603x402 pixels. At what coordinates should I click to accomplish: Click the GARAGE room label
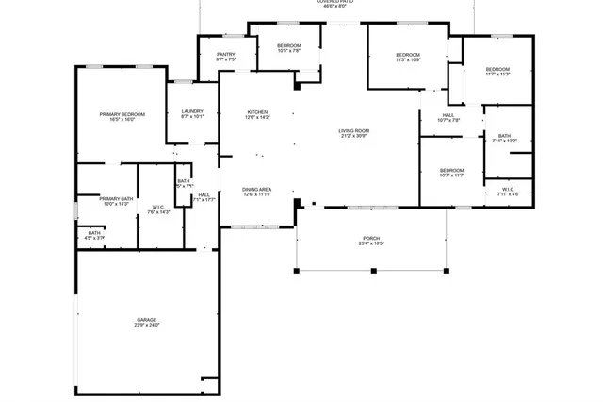pos(146,320)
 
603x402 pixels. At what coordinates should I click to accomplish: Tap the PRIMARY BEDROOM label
pos(122,114)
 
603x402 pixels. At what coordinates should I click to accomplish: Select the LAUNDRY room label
pos(192,112)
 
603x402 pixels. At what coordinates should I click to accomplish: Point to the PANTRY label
pos(225,55)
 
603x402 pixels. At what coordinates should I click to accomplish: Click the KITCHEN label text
pos(257,112)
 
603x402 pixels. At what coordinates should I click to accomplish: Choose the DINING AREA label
pos(257,189)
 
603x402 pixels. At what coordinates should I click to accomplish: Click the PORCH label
pos(371,237)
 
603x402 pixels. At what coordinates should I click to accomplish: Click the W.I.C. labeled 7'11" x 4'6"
pos(508,191)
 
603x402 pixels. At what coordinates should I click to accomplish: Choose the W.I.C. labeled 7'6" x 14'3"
pos(158,209)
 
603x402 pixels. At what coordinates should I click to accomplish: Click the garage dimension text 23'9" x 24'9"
pos(146,326)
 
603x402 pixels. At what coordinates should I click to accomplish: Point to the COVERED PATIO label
pos(335,3)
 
